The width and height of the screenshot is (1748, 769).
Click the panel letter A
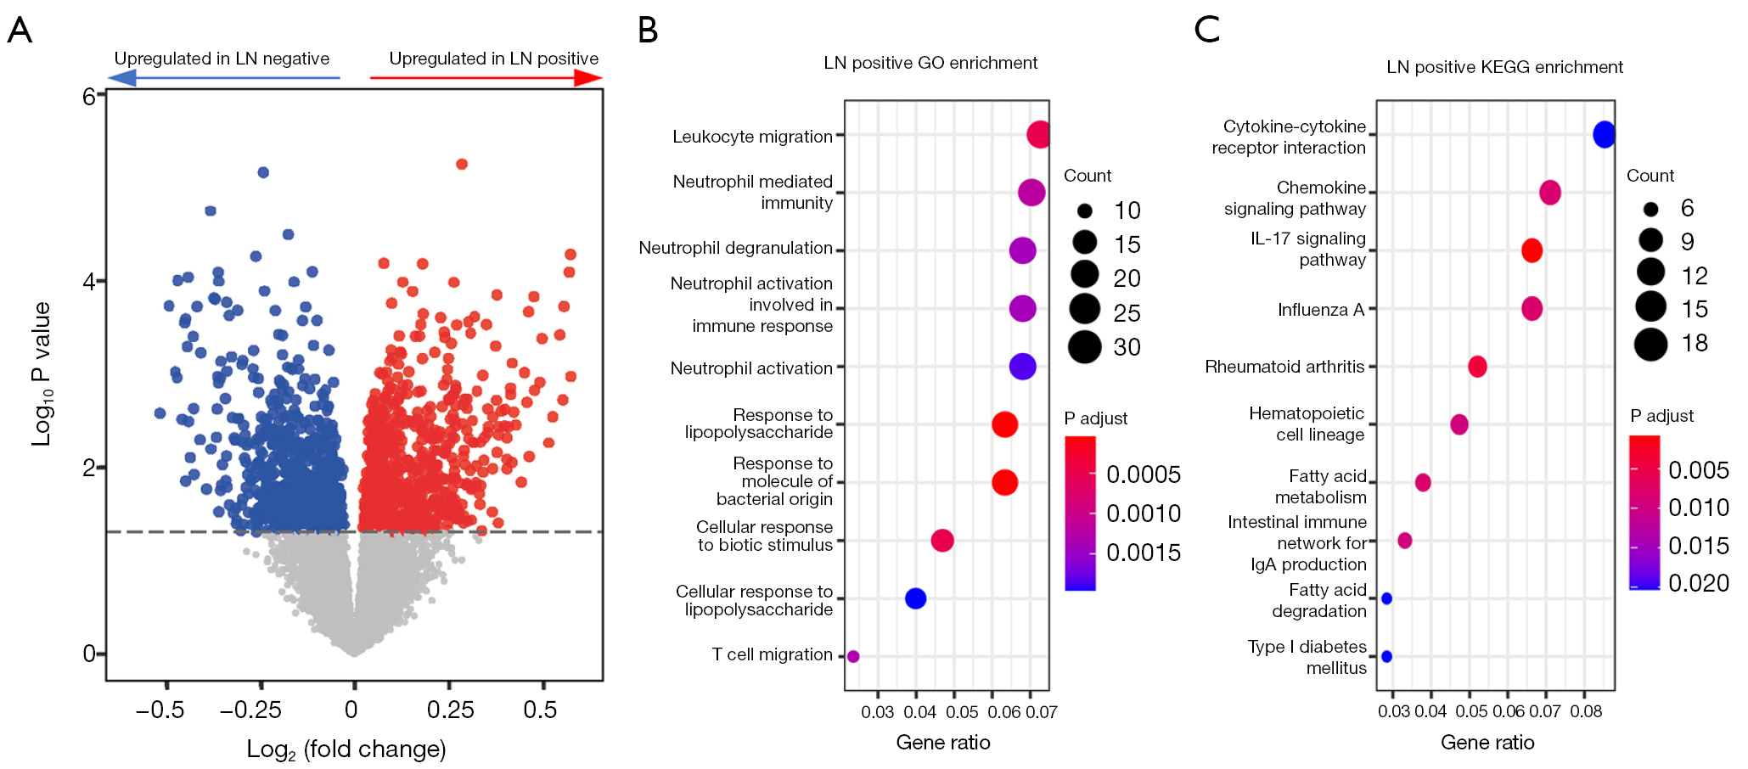[20, 31]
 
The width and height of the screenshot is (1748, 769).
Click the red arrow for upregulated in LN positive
[486, 78]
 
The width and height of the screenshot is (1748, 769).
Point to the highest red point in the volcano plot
[462, 164]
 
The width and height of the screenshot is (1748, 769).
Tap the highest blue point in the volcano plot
[263, 172]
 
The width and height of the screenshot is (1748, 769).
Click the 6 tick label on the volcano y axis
[89, 96]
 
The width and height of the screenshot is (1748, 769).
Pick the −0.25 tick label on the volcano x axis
[251, 710]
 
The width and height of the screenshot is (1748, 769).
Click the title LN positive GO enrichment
[930, 63]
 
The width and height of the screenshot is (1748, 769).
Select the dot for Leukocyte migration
[1038, 134]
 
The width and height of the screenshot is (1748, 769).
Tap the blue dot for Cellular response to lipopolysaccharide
[915, 598]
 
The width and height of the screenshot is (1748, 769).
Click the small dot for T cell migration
[853, 656]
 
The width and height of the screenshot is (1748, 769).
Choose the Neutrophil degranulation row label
[735, 248]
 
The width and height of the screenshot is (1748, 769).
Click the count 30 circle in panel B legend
[1085, 346]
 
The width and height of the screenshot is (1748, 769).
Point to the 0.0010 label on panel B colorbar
[1144, 514]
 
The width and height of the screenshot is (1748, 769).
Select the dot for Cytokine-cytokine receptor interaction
[1604, 134]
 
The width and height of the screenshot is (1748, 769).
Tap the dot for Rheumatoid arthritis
[1477, 367]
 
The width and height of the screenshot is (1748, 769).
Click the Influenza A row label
[1321, 310]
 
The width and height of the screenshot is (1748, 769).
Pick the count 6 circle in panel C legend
[1650, 209]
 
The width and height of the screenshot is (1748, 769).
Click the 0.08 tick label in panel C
[1586, 711]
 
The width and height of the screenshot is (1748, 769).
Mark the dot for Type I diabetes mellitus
[1386, 656]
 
